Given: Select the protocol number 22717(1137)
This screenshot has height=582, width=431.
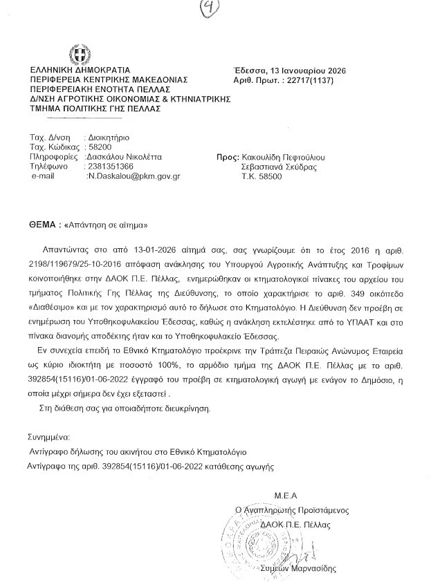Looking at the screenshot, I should [x=319, y=81].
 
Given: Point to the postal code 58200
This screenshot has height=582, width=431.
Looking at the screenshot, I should [x=97, y=147].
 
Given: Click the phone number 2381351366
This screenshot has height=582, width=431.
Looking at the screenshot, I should [x=110, y=167].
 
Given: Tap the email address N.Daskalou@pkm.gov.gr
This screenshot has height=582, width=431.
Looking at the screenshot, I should [x=133, y=176].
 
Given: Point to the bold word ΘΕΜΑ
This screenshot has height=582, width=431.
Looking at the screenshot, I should [x=39, y=225].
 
